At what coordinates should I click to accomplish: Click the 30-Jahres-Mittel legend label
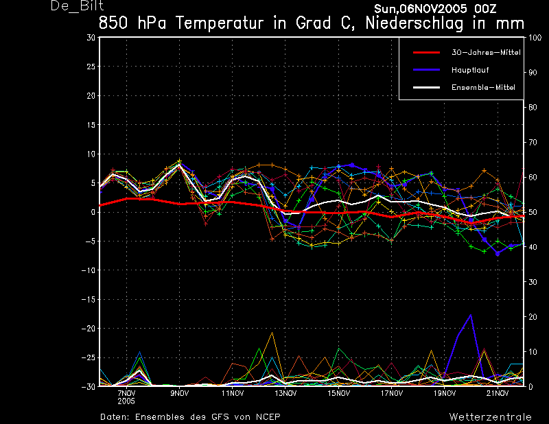pos(486,53)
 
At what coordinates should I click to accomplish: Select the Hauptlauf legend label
pos(470,70)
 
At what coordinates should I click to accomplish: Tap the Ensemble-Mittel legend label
pos(483,88)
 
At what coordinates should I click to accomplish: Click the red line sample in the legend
pos(426,53)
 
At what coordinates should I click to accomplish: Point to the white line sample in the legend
pos(426,88)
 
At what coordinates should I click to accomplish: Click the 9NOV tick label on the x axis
pos(180,393)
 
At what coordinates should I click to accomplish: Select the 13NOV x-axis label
pos(285,393)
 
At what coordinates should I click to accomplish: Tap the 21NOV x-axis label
pos(497,393)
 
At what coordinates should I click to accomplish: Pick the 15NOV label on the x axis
pos(338,393)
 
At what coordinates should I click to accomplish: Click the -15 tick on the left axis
pos(89,299)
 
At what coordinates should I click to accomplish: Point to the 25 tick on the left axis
pos(91,67)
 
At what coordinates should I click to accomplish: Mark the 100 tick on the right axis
pos(535,38)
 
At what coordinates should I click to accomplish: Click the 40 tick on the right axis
pos(533,247)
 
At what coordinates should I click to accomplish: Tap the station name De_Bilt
pos(77,6)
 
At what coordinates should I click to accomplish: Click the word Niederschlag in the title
pos(414,23)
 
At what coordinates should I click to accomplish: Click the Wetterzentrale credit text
pos(490,416)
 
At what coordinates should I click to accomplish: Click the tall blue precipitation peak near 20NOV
pos(471,315)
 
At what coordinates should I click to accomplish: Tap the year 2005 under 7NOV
pos(126,401)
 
